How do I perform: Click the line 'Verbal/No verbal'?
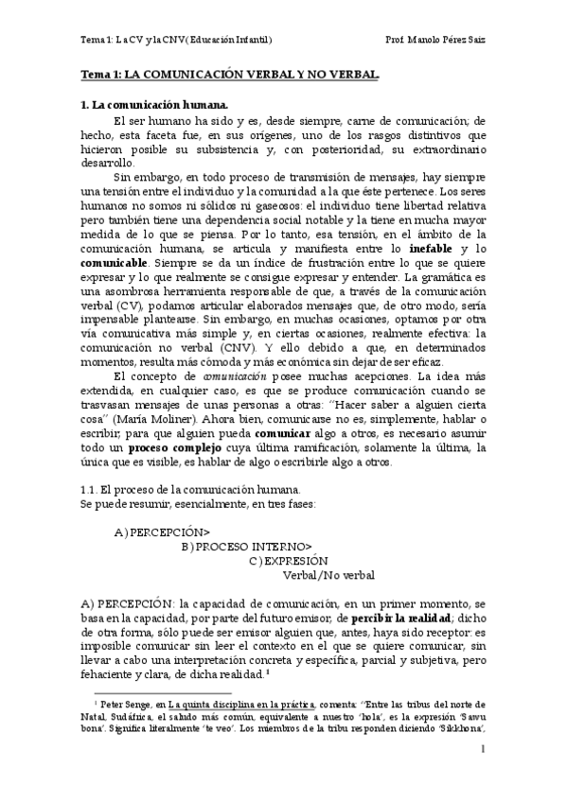(329, 575)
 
